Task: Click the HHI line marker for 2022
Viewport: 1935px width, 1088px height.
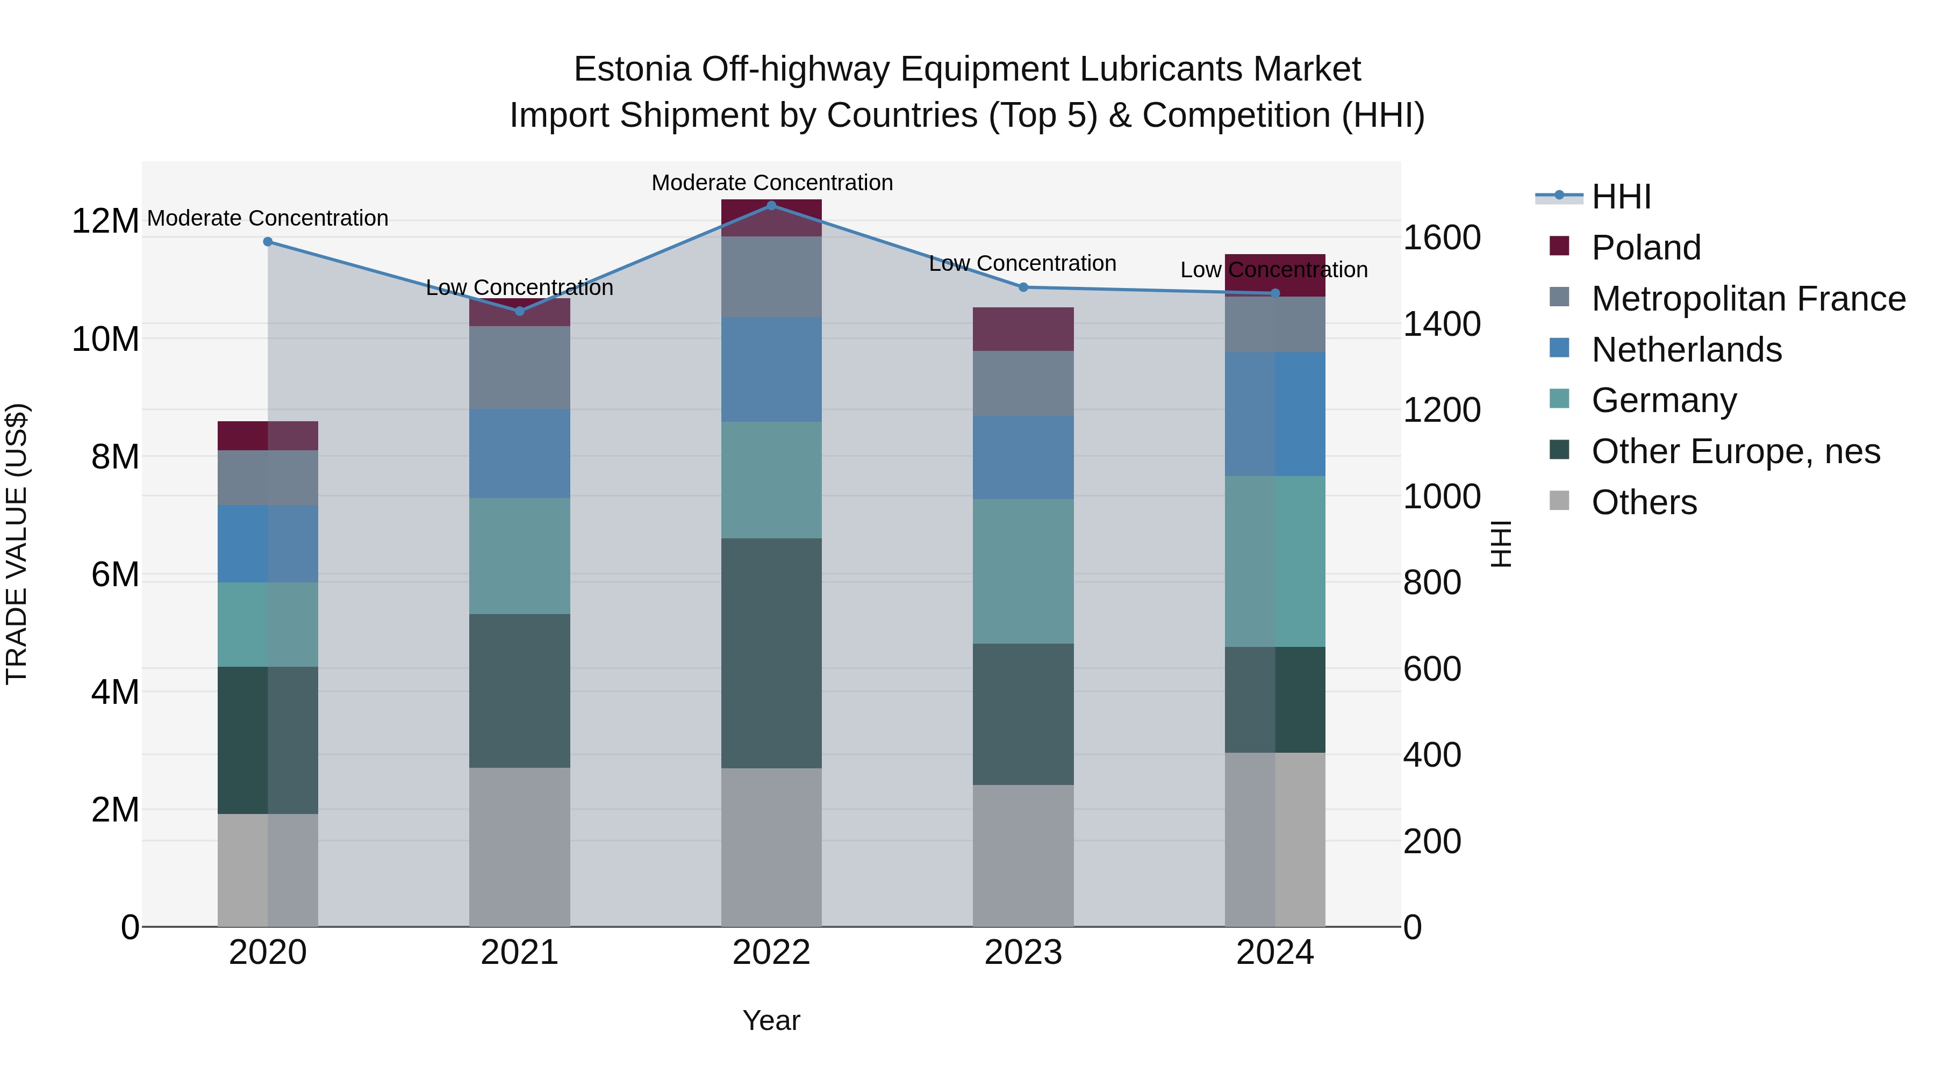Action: [771, 205]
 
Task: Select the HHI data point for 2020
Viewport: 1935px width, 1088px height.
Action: [268, 242]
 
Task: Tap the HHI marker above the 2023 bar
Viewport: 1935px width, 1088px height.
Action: [1023, 287]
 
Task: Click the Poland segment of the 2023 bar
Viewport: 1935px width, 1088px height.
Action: [1023, 329]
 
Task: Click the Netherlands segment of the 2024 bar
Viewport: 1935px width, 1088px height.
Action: [1275, 414]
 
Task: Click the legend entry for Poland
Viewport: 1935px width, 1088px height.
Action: [1645, 248]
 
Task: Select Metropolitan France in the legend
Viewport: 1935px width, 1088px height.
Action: [1747, 299]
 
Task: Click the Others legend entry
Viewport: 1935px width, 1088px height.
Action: [1644, 502]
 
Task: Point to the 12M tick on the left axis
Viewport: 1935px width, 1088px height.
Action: [105, 221]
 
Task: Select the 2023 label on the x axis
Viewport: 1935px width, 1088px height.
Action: [1023, 953]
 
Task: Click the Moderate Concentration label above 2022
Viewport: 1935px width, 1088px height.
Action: [771, 183]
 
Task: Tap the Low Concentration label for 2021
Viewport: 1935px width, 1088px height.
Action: [519, 287]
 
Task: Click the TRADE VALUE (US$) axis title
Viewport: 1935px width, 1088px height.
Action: [17, 544]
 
